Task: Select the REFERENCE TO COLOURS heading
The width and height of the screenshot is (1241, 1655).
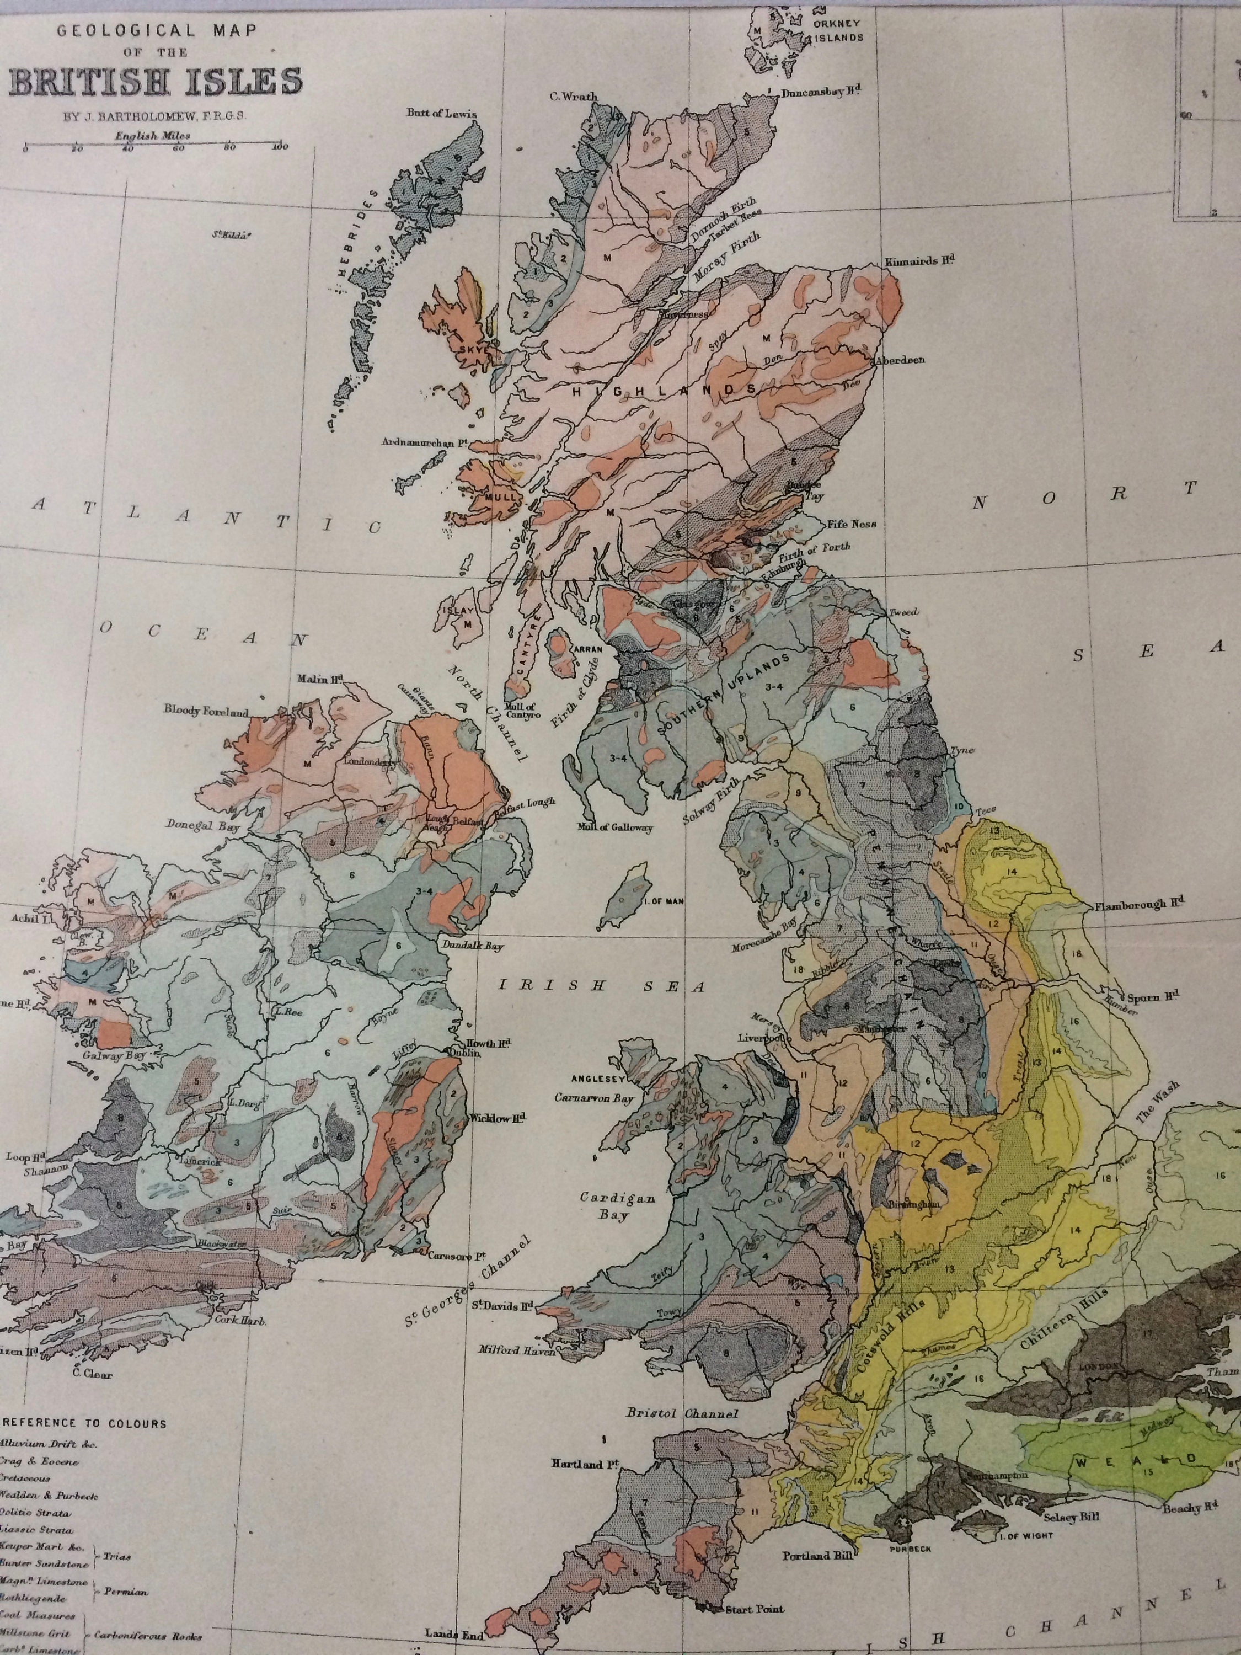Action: pos(86,1423)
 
